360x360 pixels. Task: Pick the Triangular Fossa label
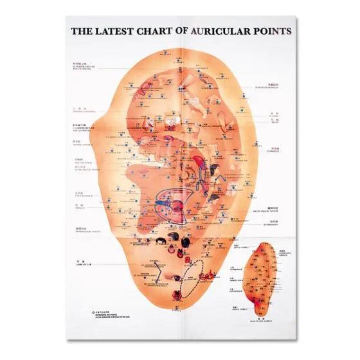pyautogui.click(x=82, y=110)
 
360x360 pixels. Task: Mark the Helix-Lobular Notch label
pyautogui.click(x=273, y=209)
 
